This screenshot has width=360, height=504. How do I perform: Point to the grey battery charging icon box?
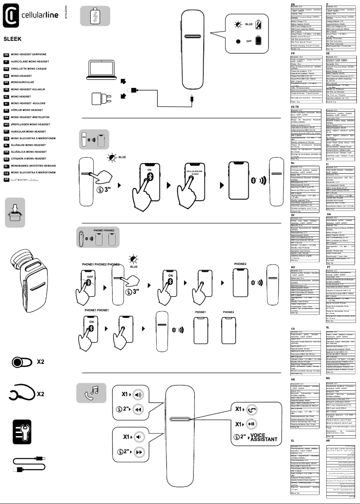(x=95, y=16)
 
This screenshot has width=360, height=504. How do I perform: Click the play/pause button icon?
(x=251, y=424)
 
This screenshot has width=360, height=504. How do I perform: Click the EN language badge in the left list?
(x=6, y=54)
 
